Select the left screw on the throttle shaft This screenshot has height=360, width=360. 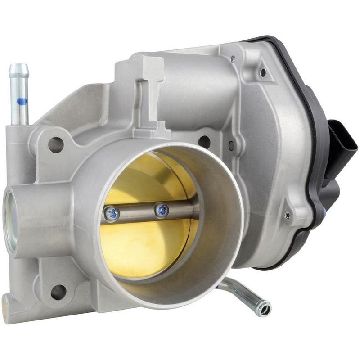click(x=112, y=213)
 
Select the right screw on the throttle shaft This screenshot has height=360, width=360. click(x=162, y=209)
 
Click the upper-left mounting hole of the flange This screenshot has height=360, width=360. click(x=56, y=144)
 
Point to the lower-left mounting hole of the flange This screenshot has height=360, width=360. click(x=58, y=292)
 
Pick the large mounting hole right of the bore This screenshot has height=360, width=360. click(x=204, y=142)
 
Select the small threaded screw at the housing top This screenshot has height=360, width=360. click(x=233, y=59)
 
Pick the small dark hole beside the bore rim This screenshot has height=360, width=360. click(x=231, y=145)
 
